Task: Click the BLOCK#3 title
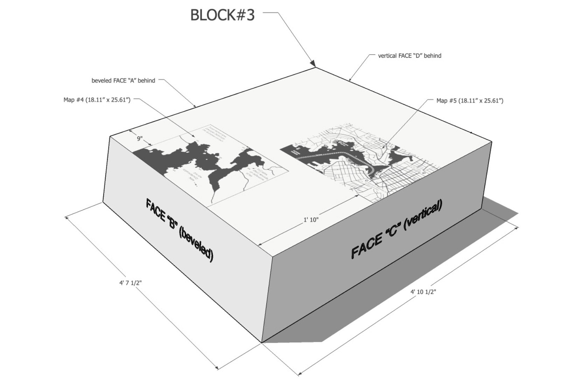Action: click(222, 15)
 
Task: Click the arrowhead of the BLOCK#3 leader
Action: click(313, 63)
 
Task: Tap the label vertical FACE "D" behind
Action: click(409, 56)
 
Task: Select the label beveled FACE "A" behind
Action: click(123, 80)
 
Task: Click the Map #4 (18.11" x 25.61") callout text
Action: click(97, 100)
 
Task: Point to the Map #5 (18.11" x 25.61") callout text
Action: click(470, 101)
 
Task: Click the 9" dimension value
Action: click(140, 139)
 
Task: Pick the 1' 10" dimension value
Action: click(311, 220)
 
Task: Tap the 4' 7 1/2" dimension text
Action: click(130, 283)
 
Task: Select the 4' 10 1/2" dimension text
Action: click(423, 292)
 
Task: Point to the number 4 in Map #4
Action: click(83, 100)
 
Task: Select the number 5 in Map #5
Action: click(456, 101)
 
